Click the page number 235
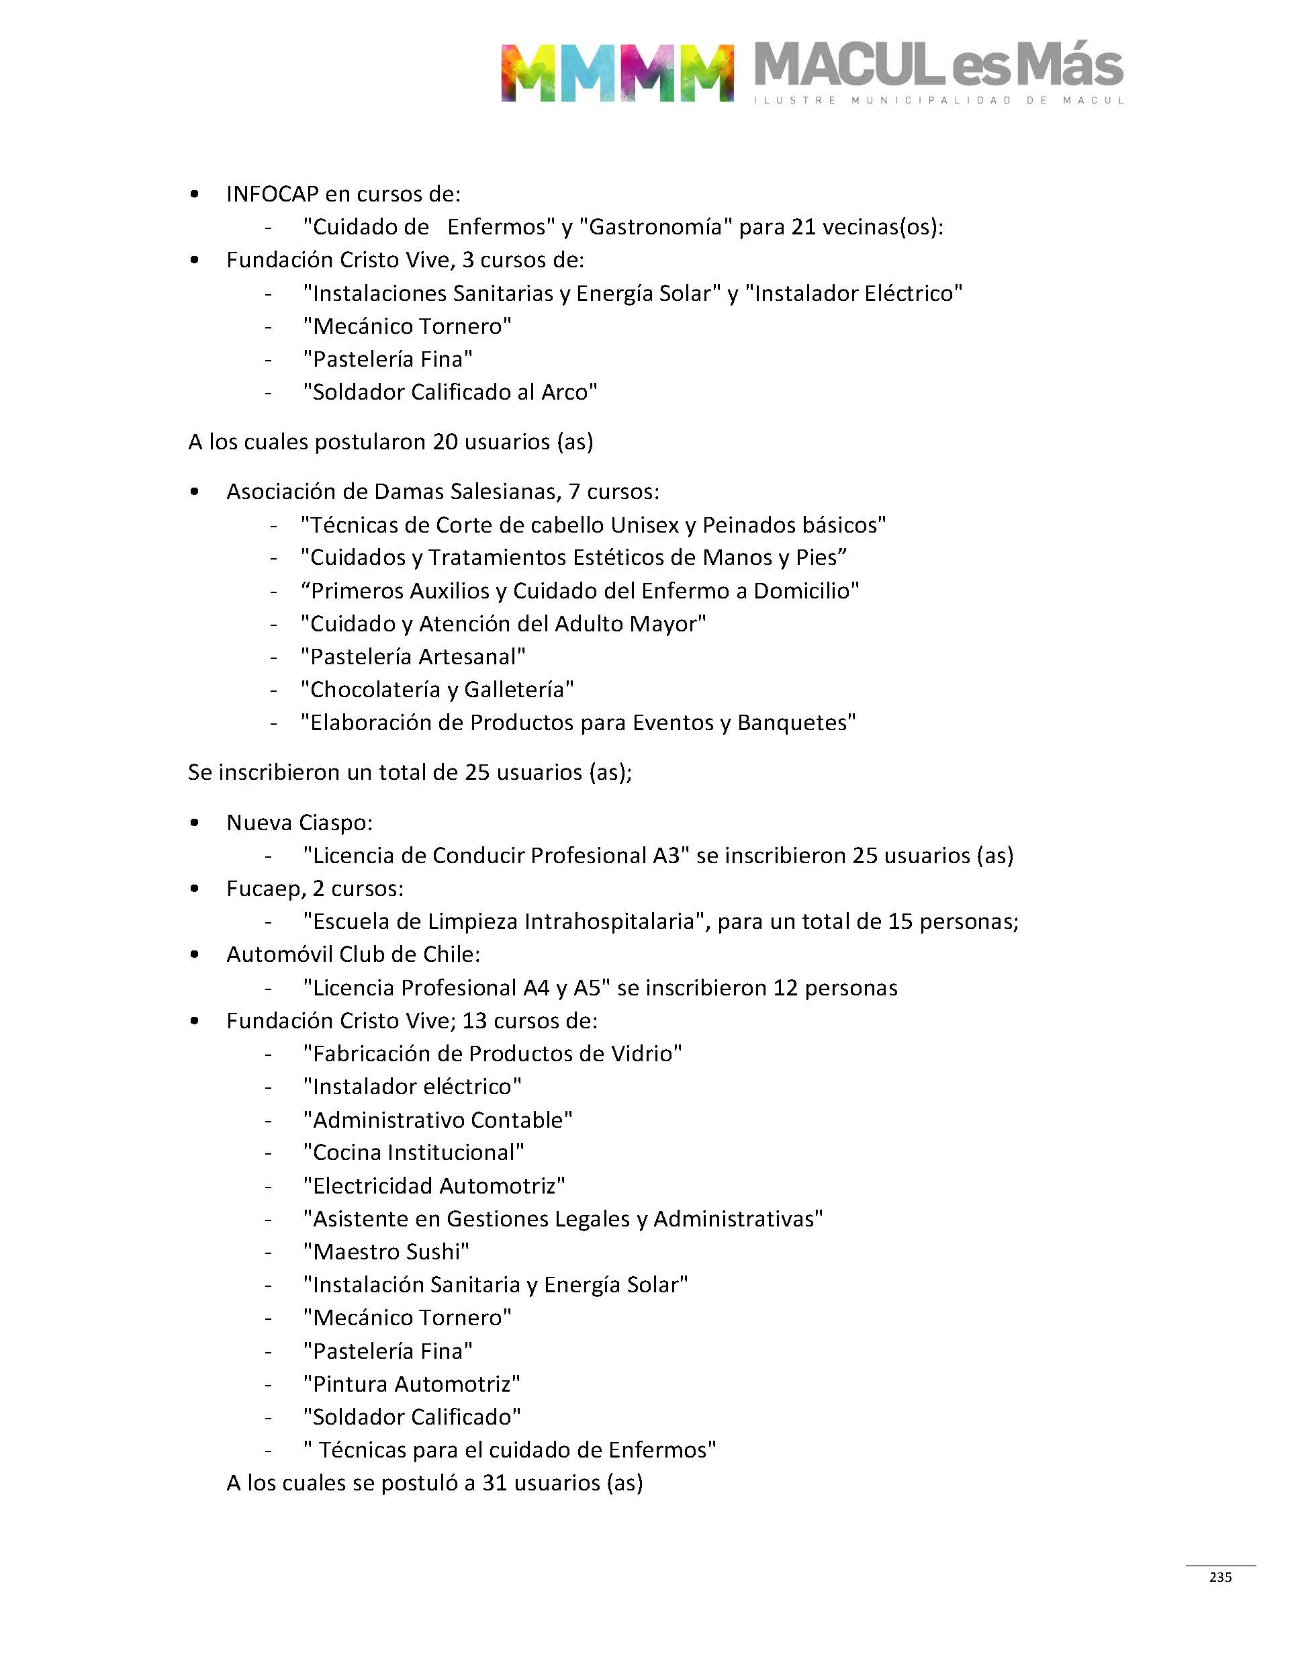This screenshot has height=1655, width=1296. (1220, 1577)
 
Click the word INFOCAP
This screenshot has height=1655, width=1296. (272, 194)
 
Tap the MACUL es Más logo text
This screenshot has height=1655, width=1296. (938, 66)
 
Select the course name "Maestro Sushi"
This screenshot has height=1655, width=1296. (386, 1251)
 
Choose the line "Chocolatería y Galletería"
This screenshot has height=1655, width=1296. (437, 689)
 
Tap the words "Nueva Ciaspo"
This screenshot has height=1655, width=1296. (299, 823)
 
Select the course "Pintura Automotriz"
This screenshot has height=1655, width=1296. (411, 1384)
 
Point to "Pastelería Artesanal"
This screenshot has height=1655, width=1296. (413, 656)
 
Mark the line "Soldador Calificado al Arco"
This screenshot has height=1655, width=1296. (450, 392)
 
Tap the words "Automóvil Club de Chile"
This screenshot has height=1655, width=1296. (353, 954)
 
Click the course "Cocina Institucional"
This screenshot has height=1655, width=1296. (414, 1152)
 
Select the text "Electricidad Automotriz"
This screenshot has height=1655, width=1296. (434, 1186)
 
